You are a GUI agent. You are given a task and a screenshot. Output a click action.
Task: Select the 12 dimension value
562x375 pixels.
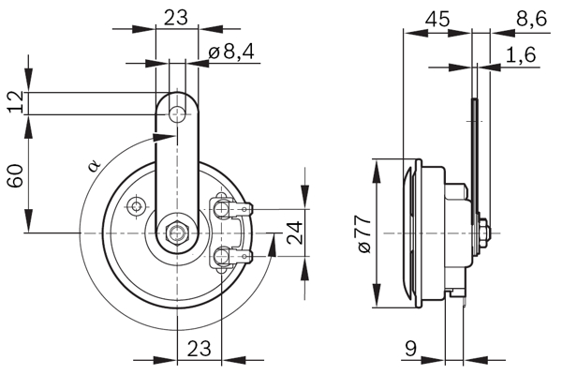[15, 102]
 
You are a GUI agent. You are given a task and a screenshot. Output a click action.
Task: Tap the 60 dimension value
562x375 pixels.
[15, 174]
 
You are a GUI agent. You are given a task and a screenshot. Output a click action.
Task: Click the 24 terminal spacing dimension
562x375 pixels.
[293, 232]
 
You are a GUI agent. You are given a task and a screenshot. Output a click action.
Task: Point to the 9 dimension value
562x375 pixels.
[410, 349]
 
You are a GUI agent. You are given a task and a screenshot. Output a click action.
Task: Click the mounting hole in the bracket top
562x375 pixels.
[175, 113]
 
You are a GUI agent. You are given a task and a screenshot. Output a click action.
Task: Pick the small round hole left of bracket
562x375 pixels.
[138, 205]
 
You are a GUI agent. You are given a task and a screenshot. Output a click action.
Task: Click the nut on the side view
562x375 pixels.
[482, 232]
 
